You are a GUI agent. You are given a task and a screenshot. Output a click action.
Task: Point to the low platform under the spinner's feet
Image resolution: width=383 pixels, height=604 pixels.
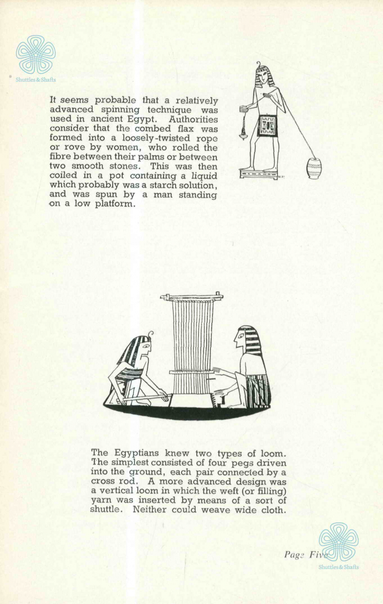[259, 174]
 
